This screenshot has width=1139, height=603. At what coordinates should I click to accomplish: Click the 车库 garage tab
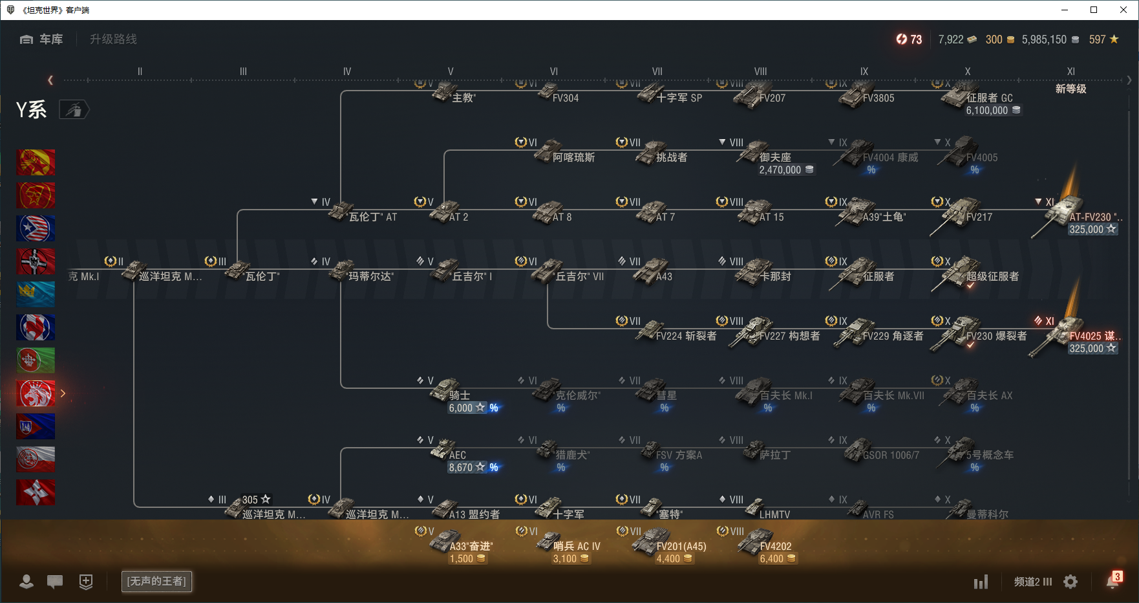point(42,39)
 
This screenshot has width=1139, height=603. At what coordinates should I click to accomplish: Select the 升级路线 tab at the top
point(113,39)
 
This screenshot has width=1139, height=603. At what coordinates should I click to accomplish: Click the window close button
point(1123,10)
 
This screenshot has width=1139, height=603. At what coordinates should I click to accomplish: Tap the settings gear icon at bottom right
point(1070,582)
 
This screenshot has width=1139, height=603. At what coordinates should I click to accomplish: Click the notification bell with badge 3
point(1112,581)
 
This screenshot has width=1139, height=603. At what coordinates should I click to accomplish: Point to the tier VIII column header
point(760,72)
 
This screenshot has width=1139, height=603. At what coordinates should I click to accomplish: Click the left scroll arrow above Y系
point(50,80)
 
